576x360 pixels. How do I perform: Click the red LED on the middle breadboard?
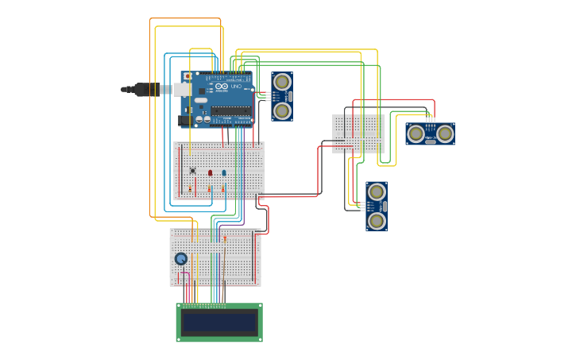point(211,172)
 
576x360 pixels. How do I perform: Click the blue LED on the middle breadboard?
point(224,172)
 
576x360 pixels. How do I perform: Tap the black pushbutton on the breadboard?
point(192,170)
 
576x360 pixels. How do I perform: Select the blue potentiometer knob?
point(181,258)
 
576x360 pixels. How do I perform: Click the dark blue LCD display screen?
point(219,323)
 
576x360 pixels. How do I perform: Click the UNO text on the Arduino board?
point(236,87)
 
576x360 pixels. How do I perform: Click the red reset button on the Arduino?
point(187,77)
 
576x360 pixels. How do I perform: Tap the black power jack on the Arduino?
point(184,121)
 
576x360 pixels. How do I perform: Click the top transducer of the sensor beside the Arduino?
point(282,82)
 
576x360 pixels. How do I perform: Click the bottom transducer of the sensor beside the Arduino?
point(282,110)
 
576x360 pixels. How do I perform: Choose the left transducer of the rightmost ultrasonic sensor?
point(416,134)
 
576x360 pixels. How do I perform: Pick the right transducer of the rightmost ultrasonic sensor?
point(445,134)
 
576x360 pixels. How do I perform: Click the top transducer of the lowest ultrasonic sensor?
point(377,192)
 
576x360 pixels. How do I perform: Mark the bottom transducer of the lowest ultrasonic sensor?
point(377,221)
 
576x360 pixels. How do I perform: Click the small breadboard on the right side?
point(358,133)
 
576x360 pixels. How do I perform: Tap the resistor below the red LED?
point(209,188)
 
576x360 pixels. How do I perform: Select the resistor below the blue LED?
point(223,188)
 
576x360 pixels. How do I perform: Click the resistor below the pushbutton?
point(190,188)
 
